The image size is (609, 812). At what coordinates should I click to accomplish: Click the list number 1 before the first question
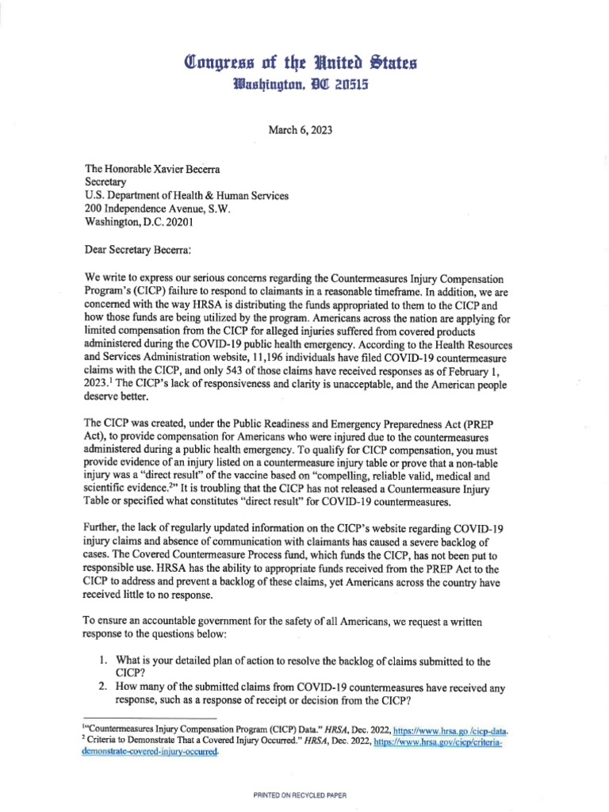point(101,661)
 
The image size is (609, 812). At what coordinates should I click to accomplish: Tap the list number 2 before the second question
point(101,687)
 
